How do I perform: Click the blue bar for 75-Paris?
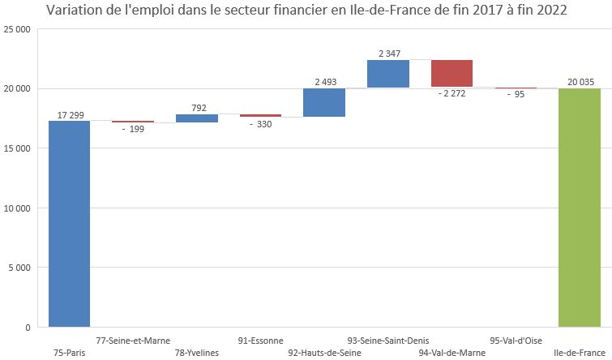tap(69, 223)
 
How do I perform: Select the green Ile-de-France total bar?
tap(580, 208)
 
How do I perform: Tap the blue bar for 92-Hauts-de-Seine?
tap(324, 103)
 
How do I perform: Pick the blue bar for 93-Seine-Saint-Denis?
tap(387, 74)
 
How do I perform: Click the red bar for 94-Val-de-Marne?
tap(452, 73)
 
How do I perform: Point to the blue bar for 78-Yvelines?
tap(197, 118)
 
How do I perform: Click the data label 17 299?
tap(70, 114)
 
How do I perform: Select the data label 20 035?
tap(580, 82)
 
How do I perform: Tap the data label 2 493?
tap(325, 82)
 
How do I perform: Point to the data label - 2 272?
tap(452, 93)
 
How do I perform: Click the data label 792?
tap(197, 107)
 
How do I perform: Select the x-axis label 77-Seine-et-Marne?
tap(133, 341)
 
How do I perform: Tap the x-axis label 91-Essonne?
tap(261, 341)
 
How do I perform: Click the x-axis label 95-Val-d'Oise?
tap(516, 341)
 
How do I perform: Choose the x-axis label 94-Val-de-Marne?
tap(452, 354)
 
